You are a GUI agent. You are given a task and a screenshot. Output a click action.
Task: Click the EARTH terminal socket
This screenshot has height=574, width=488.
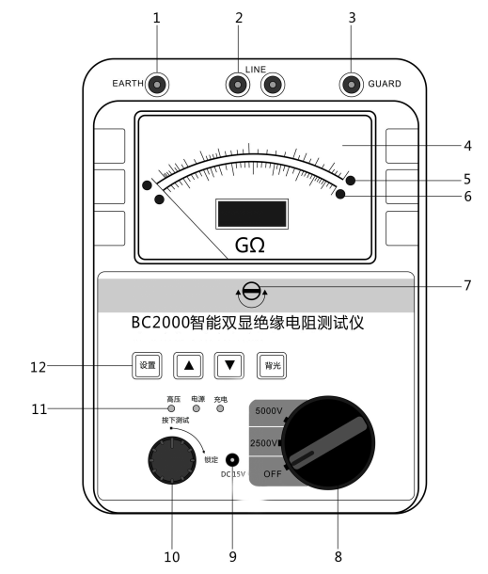coord(157,85)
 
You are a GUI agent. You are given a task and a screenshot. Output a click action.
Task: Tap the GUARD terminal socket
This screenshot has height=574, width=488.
coord(351,85)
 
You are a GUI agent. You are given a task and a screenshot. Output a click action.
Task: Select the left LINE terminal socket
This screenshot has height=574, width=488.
coord(238,85)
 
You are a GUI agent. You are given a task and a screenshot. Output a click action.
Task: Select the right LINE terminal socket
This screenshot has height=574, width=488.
coord(273,85)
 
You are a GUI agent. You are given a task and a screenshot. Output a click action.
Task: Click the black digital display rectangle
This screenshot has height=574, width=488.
coord(252,214)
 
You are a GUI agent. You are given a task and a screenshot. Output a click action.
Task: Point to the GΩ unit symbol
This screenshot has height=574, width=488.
coord(250,246)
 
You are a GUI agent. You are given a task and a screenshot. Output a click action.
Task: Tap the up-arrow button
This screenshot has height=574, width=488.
coord(188,365)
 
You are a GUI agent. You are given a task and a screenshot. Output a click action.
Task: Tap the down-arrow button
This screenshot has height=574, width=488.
coord(229,365)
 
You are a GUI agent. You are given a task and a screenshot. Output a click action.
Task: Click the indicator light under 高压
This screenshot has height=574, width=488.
coord(171,408)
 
